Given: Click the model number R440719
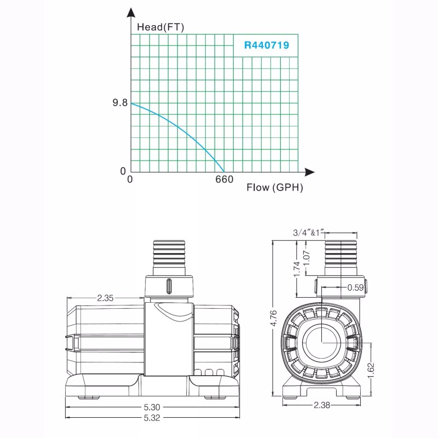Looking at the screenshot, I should coord(266,45).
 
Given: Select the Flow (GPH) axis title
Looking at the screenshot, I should coord(274,188).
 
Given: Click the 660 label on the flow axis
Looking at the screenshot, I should coord(224,180).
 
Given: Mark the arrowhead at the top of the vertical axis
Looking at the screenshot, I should coord(131,13).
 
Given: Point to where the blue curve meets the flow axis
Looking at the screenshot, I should coord(224,171).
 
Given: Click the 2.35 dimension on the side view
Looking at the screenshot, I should coord(106,298).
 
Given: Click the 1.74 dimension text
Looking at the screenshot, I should coord(296,268).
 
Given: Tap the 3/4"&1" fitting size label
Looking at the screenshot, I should coord(310,232).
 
